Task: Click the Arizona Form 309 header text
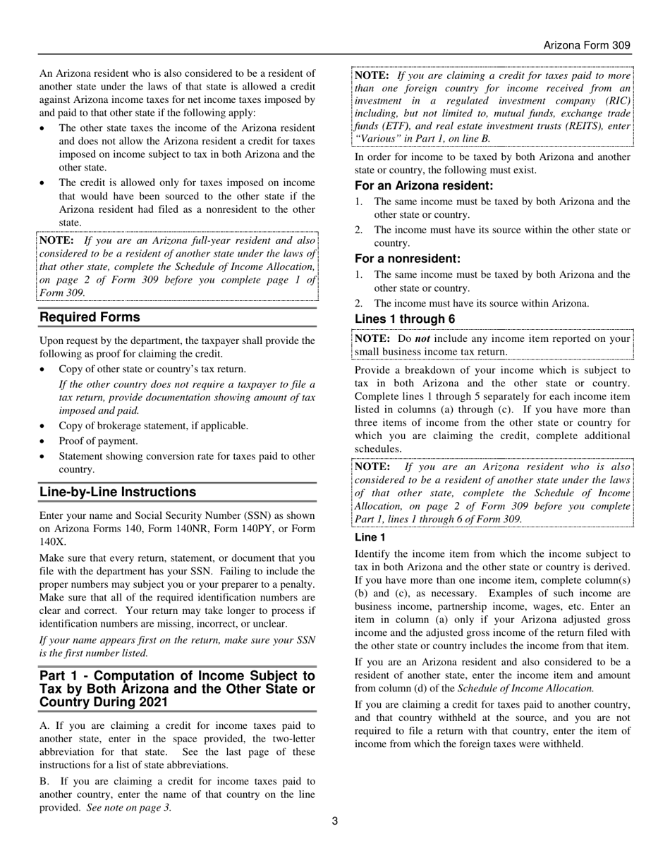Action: click(x=586, y=46)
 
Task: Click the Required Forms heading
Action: click(x=90, y=317)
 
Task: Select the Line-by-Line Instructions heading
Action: click(x=117, y=492)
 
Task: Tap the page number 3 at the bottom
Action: click(x=335, y=820)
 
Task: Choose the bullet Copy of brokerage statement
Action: click(x=153, y=426)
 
